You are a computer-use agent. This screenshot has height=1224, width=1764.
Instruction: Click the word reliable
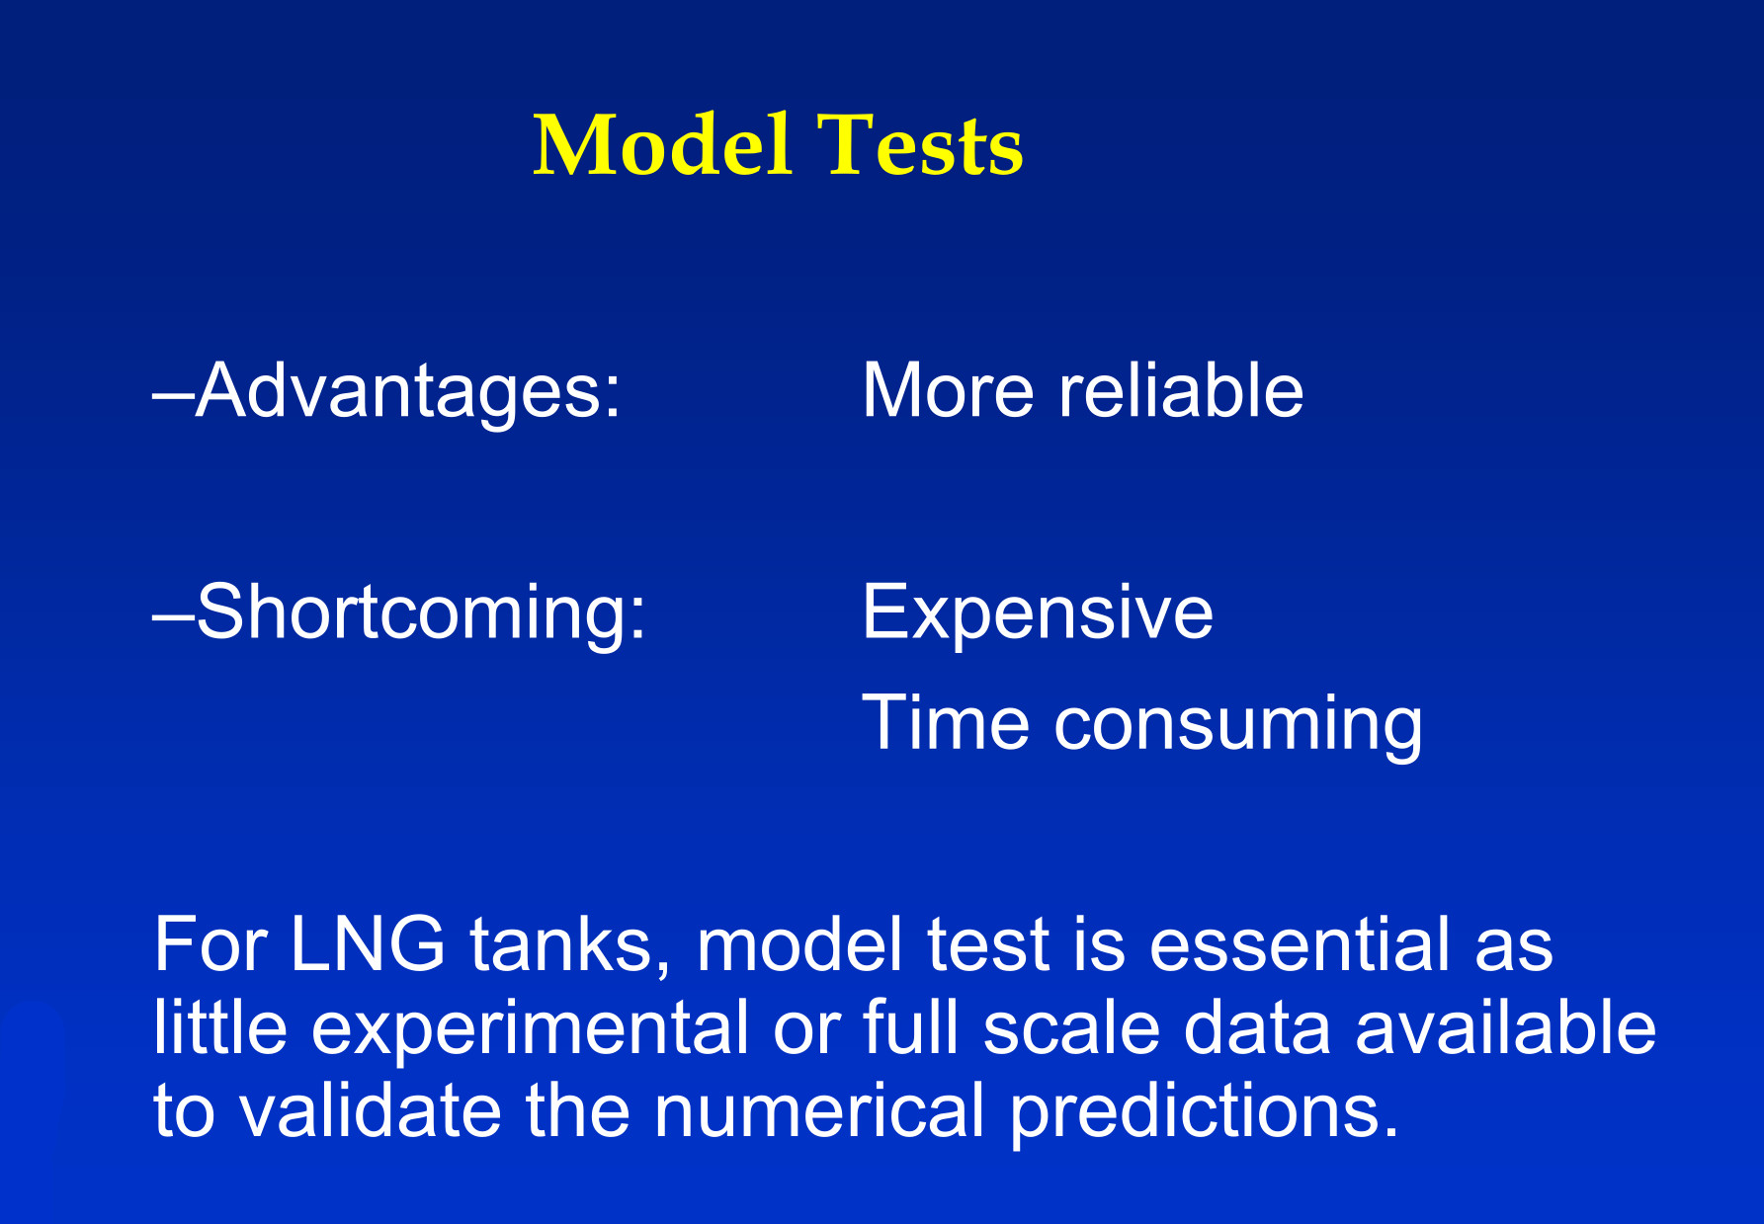point(1181,390)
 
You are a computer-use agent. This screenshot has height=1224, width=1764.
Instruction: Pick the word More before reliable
point(949,391)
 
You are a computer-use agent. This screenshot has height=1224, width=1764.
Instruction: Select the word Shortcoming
point(422,613)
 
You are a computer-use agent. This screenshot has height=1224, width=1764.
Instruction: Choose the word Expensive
point(1038,613)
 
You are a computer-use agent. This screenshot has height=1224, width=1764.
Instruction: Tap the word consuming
point(1238,726)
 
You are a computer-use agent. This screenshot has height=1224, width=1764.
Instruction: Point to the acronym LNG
point(368,944)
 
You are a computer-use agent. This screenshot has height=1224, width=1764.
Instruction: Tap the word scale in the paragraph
point(1071,1027)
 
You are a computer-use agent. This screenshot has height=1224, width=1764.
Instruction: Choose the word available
point(1505,1027)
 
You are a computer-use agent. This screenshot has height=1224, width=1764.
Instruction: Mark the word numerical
point(819,1110)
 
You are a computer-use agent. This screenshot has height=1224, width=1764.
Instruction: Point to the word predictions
point(1204,1113)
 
